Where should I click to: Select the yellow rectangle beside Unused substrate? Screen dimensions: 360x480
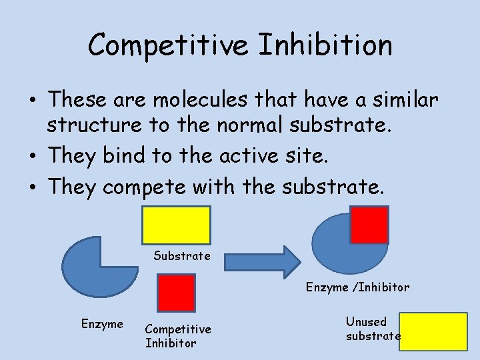434,331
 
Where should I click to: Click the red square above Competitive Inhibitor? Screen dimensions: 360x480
175,293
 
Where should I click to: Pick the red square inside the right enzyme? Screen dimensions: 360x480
369,225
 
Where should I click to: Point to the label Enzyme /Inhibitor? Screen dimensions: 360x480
357,287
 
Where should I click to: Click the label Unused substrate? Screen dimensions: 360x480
373,329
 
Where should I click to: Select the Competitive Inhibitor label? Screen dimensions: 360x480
177,336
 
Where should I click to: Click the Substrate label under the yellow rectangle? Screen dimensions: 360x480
182,255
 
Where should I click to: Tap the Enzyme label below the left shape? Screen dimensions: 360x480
102,324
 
